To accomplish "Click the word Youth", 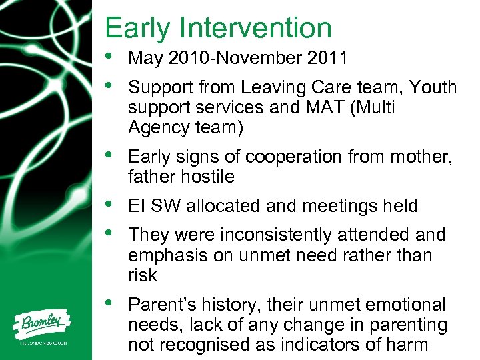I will (433, 87).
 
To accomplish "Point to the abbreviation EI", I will (136, 206).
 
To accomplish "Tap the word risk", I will (142, 275).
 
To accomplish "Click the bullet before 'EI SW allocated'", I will (110, 206).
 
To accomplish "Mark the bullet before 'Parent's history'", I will (110, 304).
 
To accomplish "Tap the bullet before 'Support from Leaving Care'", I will (110, 87).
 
